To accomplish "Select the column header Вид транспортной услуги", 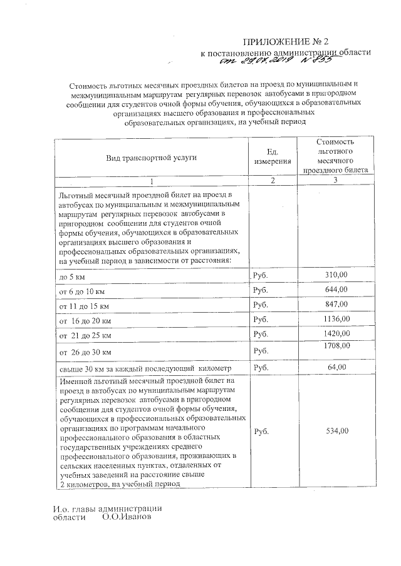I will pos(151,158).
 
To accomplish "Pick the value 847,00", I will pos(338,304).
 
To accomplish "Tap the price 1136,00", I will pos(337,319).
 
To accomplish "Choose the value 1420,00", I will pos(337,334).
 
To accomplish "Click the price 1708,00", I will pos(337,346).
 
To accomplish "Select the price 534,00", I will pos(338,431).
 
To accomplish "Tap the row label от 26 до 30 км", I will pos(85,353).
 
